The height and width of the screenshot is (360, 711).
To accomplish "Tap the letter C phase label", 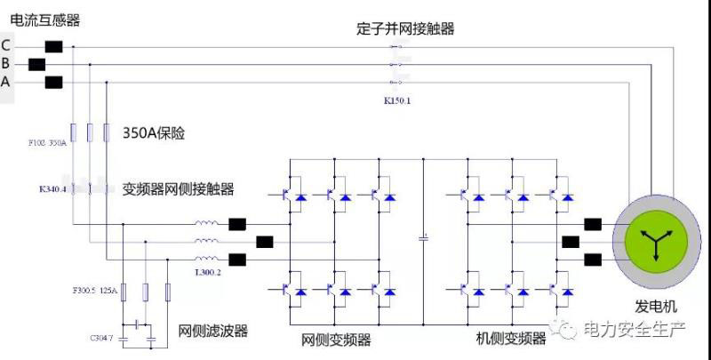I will (x=6, y=45).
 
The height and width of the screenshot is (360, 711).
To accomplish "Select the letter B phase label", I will (x=6, y=63).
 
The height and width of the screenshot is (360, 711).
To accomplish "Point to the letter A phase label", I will (x=6, y=82).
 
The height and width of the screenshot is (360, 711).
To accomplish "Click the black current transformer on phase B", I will (x=36, y=64).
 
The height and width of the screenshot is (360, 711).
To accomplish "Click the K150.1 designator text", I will (x=396, y=101).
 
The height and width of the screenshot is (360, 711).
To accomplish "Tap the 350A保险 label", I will (x=159, y=133).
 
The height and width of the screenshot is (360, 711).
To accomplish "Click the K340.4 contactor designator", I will (x=52, y=188).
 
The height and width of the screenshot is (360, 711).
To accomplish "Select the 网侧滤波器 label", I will (x=213, y=332).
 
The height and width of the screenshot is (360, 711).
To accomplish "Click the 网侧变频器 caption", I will (x=336, y=339).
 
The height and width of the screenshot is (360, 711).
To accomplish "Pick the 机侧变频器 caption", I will (x=511, y=339).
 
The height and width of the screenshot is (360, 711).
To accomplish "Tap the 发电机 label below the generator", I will (x=656, y=307).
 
